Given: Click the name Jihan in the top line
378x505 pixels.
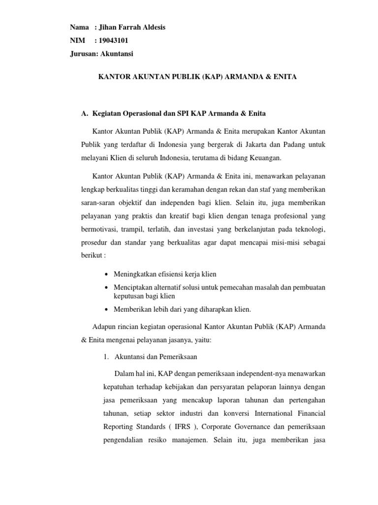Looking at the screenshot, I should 110,27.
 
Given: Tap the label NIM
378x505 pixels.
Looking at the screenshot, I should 77,40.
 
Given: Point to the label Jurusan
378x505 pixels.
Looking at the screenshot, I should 84,54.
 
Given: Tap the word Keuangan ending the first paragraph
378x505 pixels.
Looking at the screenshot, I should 268,158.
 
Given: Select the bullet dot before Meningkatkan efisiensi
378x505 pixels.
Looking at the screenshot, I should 107,274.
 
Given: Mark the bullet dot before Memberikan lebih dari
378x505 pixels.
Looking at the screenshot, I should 107,309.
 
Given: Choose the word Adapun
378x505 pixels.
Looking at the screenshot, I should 104,327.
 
